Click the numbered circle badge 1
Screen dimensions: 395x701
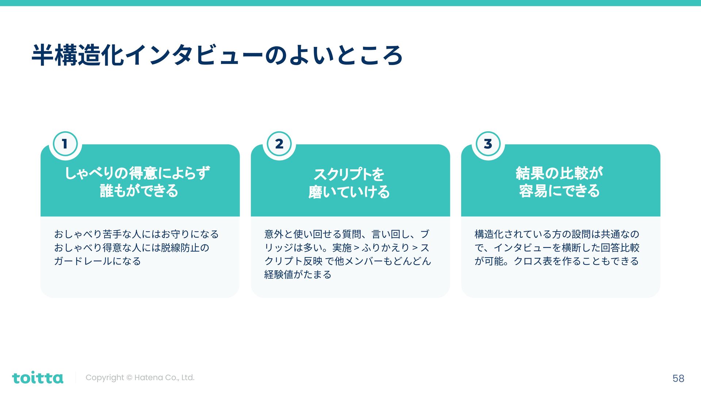(x=65, y=144)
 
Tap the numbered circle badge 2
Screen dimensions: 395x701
(x=279, y=144)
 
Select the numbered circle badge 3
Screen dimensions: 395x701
(x=488, y=144)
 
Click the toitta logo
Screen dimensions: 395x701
(x=38, y=377)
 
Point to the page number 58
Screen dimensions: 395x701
(x=678, y=378)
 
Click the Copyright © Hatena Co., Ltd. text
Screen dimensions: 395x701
(x=140, y=377)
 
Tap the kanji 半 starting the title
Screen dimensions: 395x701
(x=43, y=56)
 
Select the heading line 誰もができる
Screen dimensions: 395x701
(x=139, y=191)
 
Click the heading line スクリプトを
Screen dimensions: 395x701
(x=349, y=174)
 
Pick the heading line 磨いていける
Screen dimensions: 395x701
(x=349, y=192)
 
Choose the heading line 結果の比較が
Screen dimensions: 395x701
(x=559, y=173)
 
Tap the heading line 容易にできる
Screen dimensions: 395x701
(x=559, y=191)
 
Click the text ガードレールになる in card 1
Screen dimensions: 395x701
(x=97, y=261)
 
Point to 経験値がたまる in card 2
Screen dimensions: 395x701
(x=298, y=275)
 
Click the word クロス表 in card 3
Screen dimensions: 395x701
(x=533, y=261)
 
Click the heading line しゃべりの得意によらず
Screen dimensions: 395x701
(x=138, y=173)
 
